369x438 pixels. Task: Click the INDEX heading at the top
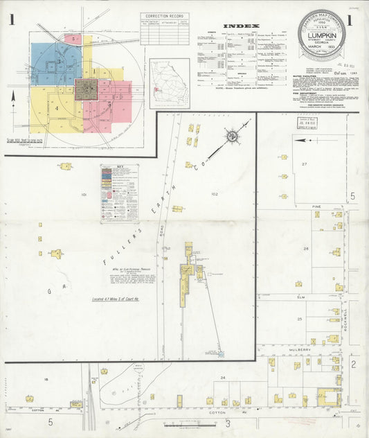point(241,26)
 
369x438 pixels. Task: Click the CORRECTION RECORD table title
point(164,16)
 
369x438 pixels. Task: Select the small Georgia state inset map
point(170,83)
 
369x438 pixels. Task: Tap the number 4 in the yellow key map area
point(57,108)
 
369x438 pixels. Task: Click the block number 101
point(84,195)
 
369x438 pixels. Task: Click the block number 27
point(303,164)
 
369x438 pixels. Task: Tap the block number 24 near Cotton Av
point(223,378)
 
